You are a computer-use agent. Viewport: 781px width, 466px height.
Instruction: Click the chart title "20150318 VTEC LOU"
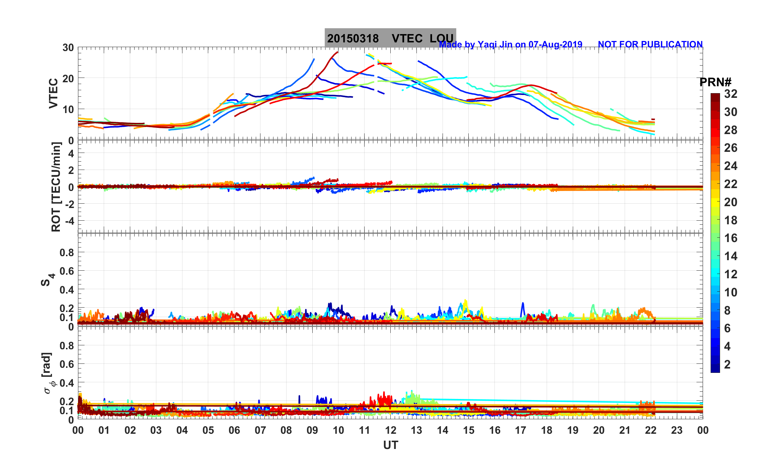click(x=390, y=38)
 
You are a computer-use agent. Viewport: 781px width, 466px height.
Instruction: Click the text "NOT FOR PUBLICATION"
click(x=650, y=44)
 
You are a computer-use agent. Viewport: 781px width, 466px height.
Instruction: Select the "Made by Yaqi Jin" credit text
click(x=510, y=45)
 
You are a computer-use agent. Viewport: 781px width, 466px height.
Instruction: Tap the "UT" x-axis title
click(x=391, y=445)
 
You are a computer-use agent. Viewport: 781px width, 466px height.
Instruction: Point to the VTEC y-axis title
click(x=53, y=93)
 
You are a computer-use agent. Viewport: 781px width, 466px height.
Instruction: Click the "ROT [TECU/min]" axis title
click(x=56, y=187)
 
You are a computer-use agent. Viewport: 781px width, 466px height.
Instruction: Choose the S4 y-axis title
click(x=47, y=279)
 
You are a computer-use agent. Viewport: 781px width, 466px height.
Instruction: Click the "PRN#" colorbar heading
click(x=715, y=82)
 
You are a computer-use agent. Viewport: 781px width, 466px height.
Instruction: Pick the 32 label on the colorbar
click(x=731, y=94)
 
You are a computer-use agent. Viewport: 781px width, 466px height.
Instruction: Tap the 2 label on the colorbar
click(x=727, y=364)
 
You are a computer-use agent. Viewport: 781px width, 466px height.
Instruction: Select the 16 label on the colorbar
click(x=731, y=238)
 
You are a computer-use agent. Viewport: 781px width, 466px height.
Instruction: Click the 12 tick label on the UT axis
click(x=391, y=430)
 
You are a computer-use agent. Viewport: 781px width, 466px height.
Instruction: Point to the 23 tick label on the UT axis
click(x=677, y=430)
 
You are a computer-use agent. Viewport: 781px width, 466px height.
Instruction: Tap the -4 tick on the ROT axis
click(x=69, y=221)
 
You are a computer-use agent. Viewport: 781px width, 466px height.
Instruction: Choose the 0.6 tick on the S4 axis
click(x=67, y=271)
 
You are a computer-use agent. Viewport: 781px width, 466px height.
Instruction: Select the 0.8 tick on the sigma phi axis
click(x=67, y=345)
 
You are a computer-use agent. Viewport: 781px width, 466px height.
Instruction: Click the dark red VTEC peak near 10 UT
click(x=337, y=53)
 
